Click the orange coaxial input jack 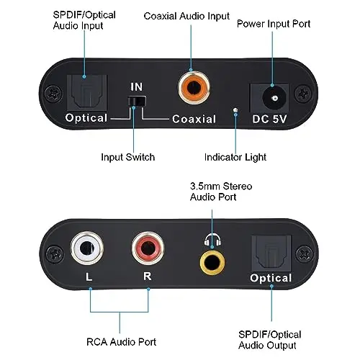(194, 87)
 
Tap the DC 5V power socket (269, 98)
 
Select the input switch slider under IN (136, 101)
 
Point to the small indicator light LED (235, 109)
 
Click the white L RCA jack (87, 248)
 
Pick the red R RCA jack (148, 248)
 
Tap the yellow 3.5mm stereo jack (212, 262)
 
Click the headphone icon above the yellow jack (212, 239)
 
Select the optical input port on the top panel (87, 92)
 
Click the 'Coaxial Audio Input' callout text (186, 17)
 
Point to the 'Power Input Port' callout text (274, 24)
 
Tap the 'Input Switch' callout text (128, 157)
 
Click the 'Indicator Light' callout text (235, 158)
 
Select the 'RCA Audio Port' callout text (121, 342)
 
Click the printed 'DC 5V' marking (269, 119)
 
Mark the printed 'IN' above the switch (137, 87)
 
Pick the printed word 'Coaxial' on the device (194, 119)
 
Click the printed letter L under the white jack (89, 276)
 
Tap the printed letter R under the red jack (148, 276)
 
